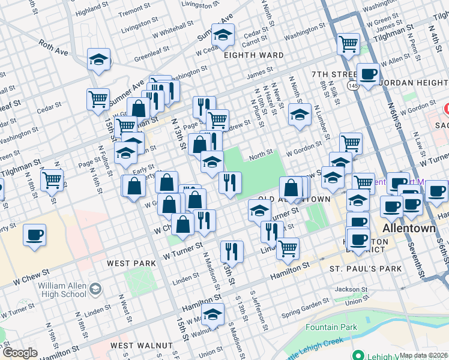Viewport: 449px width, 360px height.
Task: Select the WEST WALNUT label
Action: coord(141,346)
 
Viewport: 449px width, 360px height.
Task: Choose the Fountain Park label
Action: coord(331,327)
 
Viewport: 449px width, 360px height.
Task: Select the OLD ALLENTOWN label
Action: coord(294,199)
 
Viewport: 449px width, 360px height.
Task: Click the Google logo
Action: coord(19,353)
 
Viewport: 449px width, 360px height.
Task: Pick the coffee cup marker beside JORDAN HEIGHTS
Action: coord(369,74)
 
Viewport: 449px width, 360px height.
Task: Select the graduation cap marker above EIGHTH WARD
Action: coord(223,35)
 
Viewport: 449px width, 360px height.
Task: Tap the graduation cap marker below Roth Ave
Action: coord(99,59)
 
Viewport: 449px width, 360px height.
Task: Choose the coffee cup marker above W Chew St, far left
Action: coord(35,234)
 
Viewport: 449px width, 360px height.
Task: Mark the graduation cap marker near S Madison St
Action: coord(212,314)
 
